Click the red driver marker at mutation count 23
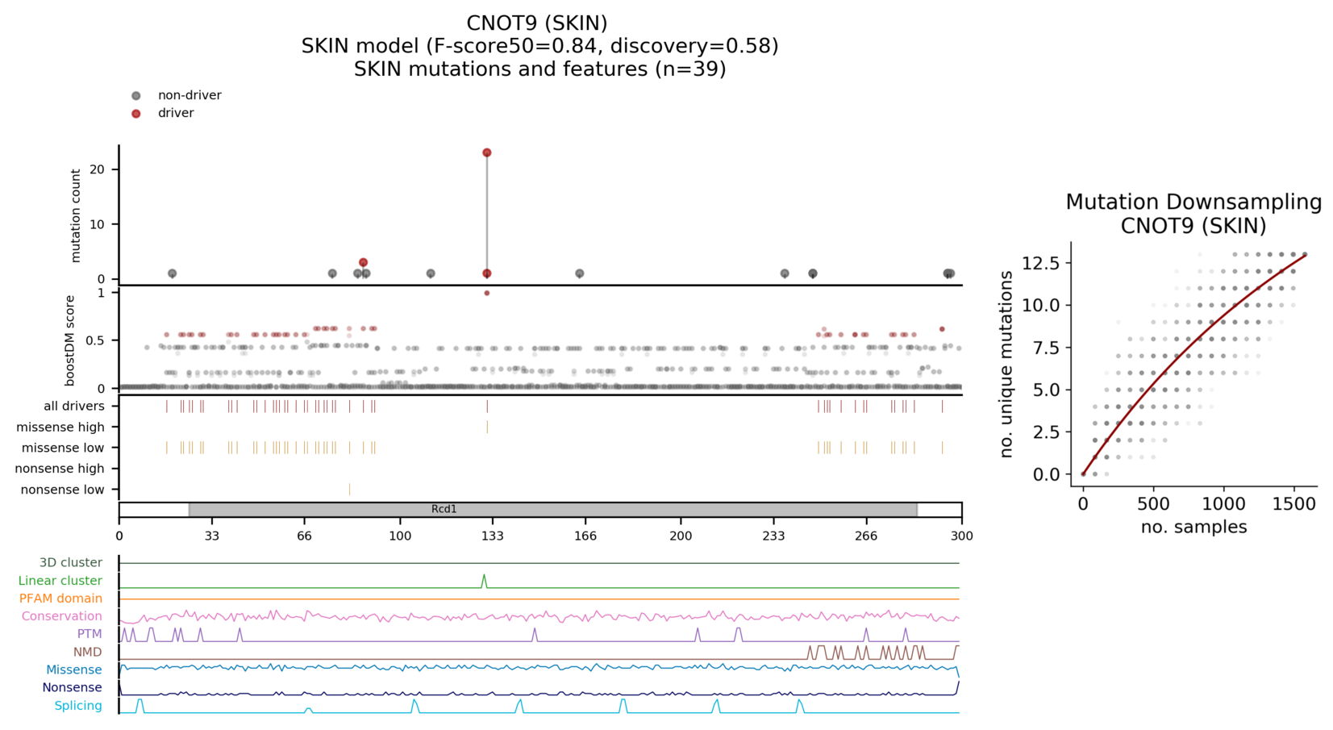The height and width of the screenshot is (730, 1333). coord(487,152)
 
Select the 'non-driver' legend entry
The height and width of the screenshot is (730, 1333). coord(189,95)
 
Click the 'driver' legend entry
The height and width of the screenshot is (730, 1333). coord(176,113)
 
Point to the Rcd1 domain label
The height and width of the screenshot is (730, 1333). coord(444,509)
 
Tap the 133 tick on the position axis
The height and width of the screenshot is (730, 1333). coord(493,536)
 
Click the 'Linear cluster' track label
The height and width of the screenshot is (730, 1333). coord(60,581)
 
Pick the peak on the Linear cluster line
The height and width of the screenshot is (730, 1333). coord(484,575)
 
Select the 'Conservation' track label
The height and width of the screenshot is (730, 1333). coord(62,616)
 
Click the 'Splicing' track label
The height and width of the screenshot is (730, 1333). coord(78,706)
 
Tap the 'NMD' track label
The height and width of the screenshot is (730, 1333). coord(88,652)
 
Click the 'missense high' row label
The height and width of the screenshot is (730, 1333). coord(60,427)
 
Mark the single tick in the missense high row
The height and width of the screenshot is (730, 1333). coord(487,427)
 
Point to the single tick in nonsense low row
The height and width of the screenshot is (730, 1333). coord(349,490)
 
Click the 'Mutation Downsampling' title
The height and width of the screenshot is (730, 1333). coord(1193,202)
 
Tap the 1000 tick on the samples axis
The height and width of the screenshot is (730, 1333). coord(1223,504)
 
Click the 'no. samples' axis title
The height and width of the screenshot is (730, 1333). coord(1193,527)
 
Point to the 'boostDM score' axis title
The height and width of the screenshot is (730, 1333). coord(70,340)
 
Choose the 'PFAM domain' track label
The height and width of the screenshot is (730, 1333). coord(60,599)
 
